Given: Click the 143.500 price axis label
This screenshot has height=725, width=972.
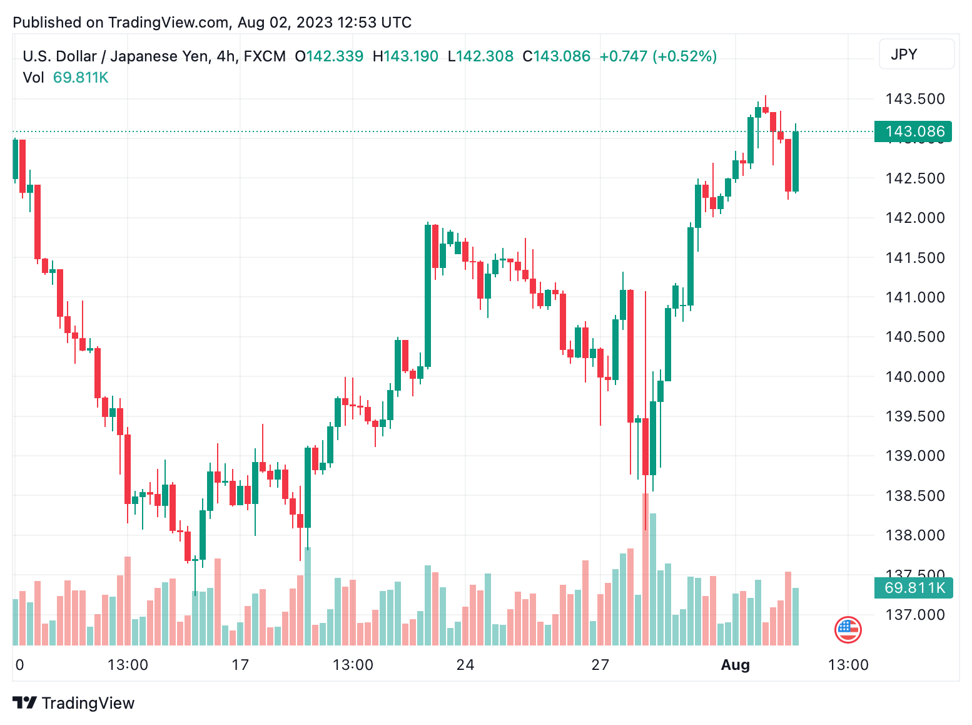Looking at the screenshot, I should (914, 99).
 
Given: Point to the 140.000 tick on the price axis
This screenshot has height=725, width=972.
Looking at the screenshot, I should (914, 377).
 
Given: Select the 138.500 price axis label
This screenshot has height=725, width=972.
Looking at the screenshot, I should (914, 496).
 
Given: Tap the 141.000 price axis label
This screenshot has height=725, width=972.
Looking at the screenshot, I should (914, 297).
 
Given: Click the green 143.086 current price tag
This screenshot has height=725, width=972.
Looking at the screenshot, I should (913, 131).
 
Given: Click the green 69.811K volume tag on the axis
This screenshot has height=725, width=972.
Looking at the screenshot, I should (913, 588).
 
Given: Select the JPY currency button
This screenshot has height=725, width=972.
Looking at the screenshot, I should (916, 54).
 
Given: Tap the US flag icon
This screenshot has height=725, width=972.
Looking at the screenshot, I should (848, 630).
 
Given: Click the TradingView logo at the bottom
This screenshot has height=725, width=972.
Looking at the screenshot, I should (74, 703).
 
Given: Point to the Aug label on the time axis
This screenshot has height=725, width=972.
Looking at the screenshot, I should (735, 665).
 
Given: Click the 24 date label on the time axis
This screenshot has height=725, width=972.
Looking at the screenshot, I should (465, 665).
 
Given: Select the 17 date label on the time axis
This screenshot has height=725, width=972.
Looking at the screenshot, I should (240, 665).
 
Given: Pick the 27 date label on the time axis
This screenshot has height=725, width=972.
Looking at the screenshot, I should (600, 665).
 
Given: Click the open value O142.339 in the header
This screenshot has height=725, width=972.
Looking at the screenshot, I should (329, 56).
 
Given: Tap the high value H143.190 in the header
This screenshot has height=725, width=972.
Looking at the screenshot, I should (405, 56).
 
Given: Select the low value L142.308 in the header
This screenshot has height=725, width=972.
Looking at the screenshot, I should (480, 56).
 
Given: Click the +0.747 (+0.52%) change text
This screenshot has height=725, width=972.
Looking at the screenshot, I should (658, 56).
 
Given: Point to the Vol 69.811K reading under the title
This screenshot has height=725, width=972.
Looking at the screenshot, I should (66, 78).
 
